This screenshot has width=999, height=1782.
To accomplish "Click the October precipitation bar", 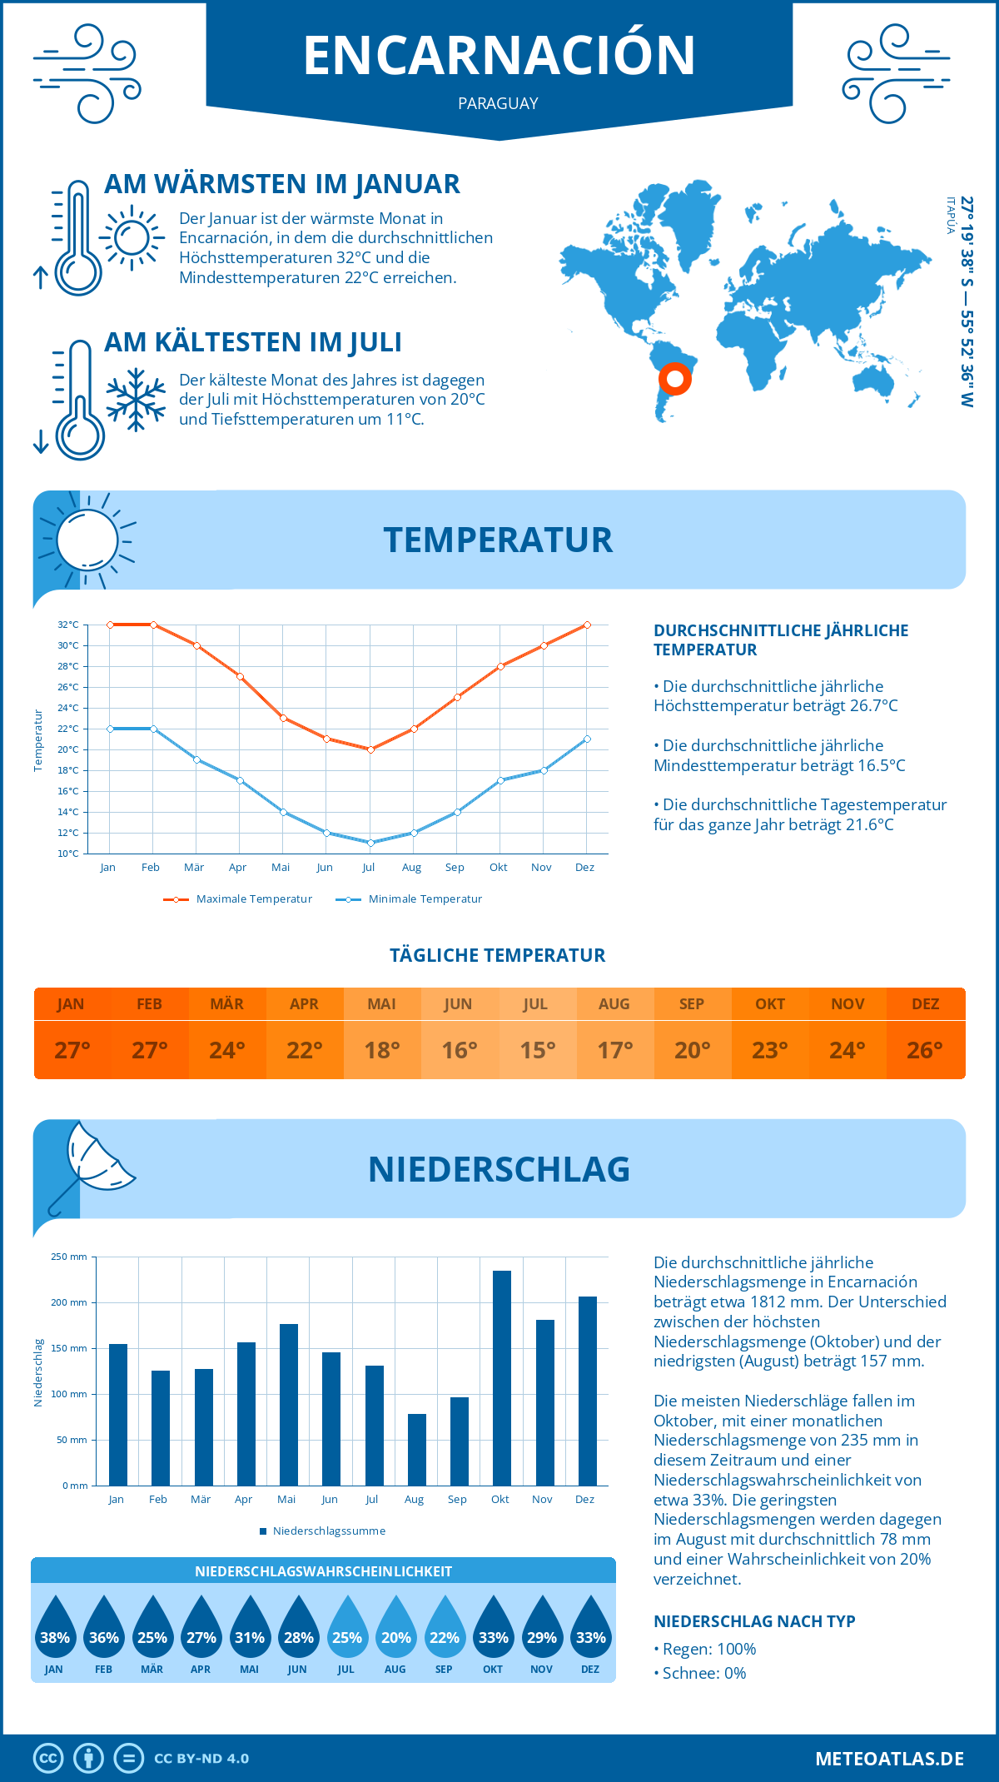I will [501, 1378].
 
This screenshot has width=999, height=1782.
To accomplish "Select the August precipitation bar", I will [416, 1450].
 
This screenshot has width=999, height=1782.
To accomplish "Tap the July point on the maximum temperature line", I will [370, 749].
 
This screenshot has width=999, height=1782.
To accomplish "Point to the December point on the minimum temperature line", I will [587, 739].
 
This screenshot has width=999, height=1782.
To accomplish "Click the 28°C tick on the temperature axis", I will [68, 666].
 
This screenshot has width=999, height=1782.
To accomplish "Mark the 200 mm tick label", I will [69, 1302].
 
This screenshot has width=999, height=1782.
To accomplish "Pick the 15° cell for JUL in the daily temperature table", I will [537, 1050].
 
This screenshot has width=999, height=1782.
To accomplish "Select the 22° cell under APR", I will [305, 1050].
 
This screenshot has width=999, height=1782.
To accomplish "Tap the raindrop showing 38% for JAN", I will [55, 1633].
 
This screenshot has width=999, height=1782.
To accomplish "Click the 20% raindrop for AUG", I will [395, 1633].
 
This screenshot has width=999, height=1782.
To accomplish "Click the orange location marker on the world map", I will [674, 379].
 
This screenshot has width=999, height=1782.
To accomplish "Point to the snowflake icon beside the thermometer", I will [136, 400].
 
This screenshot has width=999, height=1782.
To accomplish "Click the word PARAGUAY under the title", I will [498, 103].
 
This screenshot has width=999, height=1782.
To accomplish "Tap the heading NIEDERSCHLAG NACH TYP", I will [754, 1621].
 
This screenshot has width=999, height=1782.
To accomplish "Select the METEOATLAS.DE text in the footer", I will [889, 1759].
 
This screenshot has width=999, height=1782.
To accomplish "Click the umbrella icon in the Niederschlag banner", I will [92, 1162].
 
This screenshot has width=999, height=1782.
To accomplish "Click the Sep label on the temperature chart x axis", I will [455, 868].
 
